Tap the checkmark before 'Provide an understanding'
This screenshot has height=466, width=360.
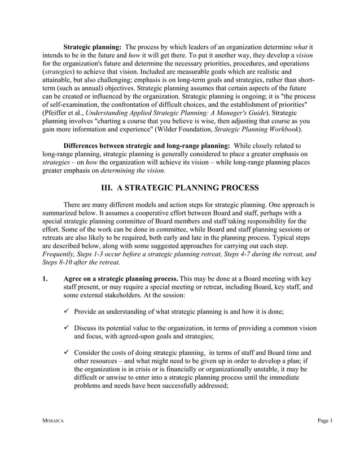[x=67, y=312]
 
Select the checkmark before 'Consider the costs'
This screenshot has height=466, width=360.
[x=67, y=354]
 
